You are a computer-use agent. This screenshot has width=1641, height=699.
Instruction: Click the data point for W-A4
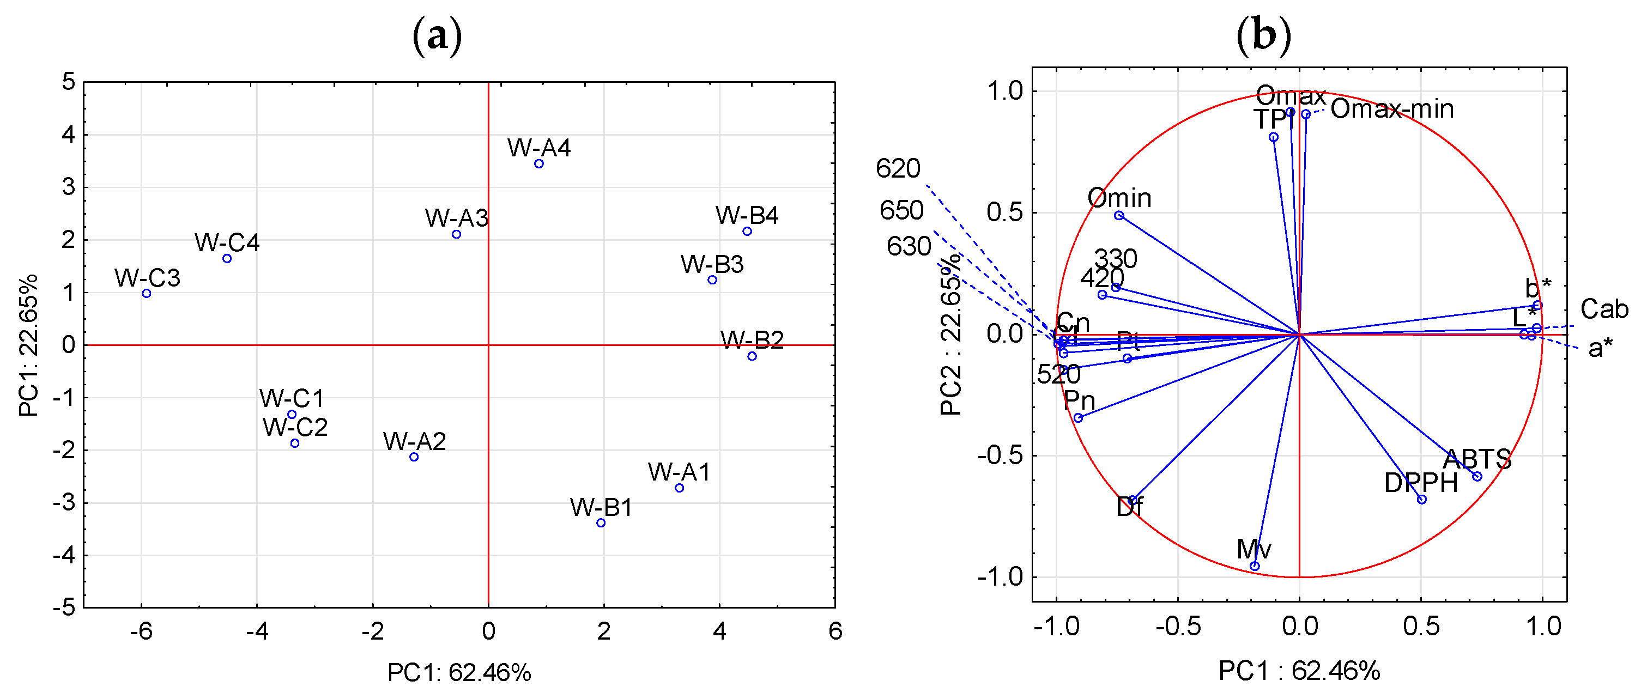(x=539, y=163)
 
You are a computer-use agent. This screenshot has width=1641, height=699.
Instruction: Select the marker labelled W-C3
(x=147, y=294)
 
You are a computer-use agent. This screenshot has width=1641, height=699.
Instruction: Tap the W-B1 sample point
(x=601, y=522)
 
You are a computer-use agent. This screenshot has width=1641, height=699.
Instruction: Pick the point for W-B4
(x=747, y=231)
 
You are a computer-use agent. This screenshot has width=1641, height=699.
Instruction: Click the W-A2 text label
(x=414, y=441)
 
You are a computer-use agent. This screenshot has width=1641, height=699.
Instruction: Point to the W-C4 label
(x=227, y=242)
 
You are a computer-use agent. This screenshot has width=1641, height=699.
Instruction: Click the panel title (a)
(x=437, y=37)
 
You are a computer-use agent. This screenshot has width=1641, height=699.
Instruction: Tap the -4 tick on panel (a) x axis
(x=257, y=631)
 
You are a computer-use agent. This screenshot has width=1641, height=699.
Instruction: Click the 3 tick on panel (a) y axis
(x=68, y=187)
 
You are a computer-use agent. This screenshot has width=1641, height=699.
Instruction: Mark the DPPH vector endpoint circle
(x=1422, y=500)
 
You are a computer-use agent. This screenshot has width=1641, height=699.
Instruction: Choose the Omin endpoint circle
(x=1119, y=215)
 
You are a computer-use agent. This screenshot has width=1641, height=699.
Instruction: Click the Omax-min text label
(x=1392, y=110)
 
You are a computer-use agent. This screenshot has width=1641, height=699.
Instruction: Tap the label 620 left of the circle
(x=898, y=169)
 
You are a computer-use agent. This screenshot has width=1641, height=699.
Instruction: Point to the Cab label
(x=1604, y=309)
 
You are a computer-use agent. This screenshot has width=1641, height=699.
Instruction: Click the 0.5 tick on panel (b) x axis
(x=1421, y=627)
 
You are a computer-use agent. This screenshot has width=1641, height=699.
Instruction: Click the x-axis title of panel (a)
(x=459, y=672)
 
